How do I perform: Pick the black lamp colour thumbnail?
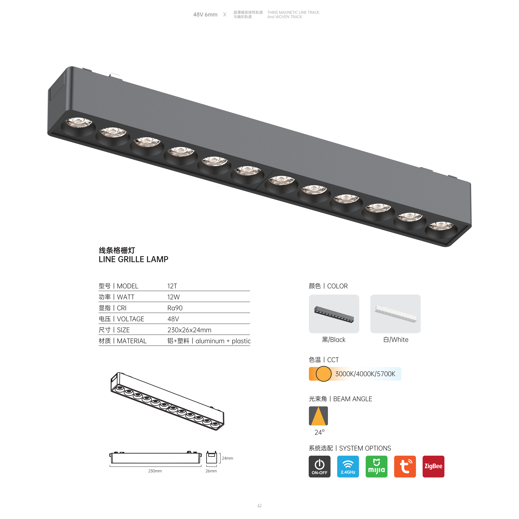click(x=334, y=314)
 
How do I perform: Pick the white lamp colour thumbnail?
click(x=395, y=314)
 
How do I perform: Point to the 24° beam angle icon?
click(x=318, y=416)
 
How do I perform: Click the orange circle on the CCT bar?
click(x=323, y=374)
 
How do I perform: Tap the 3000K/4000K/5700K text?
click(x=365, y=374)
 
